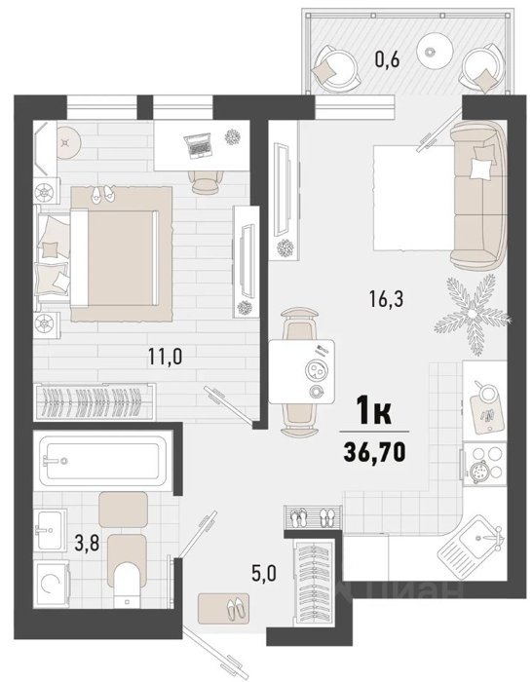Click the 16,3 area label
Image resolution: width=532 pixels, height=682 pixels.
(386, 299)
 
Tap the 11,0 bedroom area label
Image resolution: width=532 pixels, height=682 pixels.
(166, 357)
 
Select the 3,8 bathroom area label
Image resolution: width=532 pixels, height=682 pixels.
(87, 544)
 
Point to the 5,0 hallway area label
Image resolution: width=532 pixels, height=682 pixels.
(264, 574)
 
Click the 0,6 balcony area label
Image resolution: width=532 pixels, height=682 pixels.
(387, 59)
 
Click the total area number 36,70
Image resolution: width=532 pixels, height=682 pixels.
(374, 452)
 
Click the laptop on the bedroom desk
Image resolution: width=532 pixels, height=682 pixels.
(198, 145)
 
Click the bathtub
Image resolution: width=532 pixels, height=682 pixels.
(102, 461)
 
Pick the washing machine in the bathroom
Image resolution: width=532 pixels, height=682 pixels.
(52, 583)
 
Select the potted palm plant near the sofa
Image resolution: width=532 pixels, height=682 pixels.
(473, 314)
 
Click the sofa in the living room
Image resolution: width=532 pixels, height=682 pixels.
(478, 195)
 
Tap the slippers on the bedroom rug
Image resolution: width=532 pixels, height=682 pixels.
(102, 194)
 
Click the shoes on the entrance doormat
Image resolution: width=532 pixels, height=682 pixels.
(236, 608)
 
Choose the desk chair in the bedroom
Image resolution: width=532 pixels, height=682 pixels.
(206, 182)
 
